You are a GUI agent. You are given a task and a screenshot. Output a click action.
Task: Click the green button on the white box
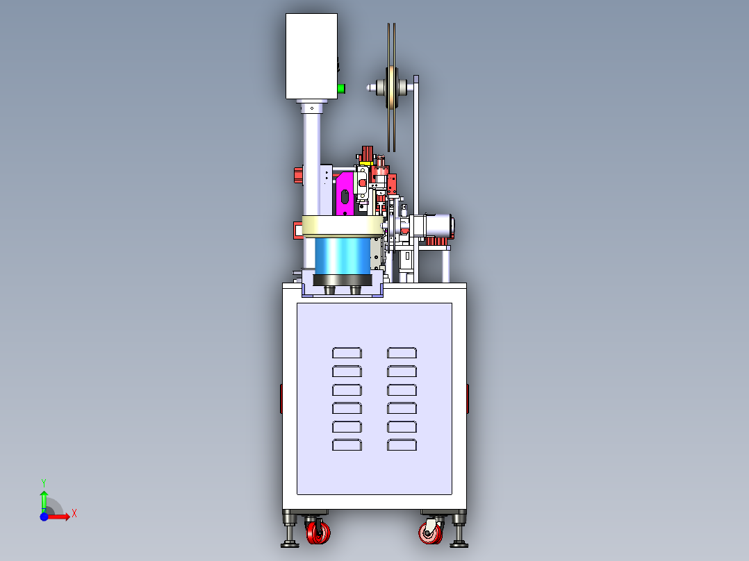tap(341, 88)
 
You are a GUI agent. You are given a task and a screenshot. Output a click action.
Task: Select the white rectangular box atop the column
tap(311, 56)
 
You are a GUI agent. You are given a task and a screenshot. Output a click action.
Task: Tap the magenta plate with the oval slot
tap(344, 195)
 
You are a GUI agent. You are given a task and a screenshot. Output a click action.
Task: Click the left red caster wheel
tap(319, 533)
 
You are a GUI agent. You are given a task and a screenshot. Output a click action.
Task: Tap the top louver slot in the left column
tap(347, 353)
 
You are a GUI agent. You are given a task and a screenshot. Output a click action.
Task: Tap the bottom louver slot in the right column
tap(402, 445)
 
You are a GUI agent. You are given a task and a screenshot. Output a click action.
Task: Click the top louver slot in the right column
tap(402, 353)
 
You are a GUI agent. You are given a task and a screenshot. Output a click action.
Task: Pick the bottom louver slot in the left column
tap(347, 445)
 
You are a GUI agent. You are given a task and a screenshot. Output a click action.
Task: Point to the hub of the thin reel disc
tap(390, 87)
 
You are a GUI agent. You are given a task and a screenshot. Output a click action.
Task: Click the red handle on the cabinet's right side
tap(468, 398)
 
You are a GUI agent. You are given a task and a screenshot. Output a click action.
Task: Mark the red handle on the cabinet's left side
tap(281, 398)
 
